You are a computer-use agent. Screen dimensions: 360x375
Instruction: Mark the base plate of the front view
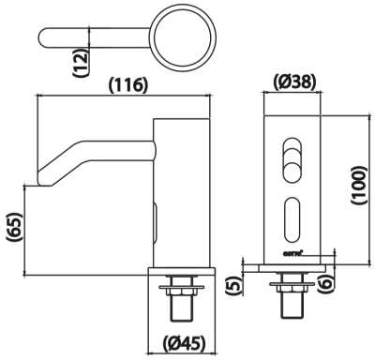[291, 264]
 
